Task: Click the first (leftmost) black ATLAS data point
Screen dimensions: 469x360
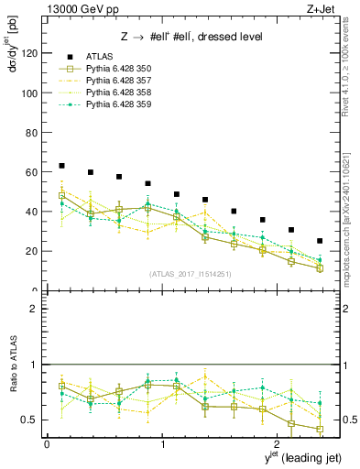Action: click(x=61, y=166)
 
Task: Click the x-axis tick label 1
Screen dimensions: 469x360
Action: click(x=162, y=443)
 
